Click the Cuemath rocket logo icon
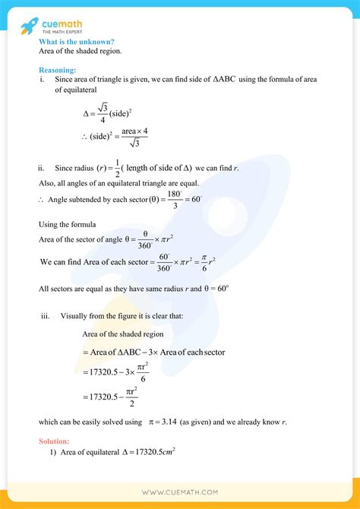coord(29,23)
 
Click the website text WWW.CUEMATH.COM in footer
coord(180,492)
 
